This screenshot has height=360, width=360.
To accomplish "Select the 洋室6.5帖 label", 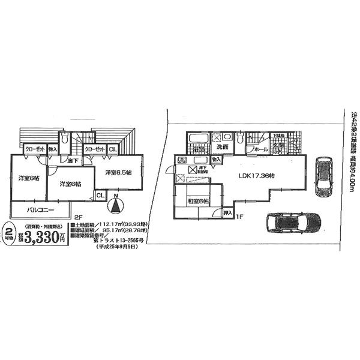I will click(119, 173).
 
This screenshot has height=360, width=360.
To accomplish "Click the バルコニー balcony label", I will click(39, 211).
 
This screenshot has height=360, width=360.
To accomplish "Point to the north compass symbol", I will click(113, 206).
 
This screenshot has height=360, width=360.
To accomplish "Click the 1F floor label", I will click(238, 216).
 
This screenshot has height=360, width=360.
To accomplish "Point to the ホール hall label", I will click(260, 148).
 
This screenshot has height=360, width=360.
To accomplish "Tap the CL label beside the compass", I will click(100, 195).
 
